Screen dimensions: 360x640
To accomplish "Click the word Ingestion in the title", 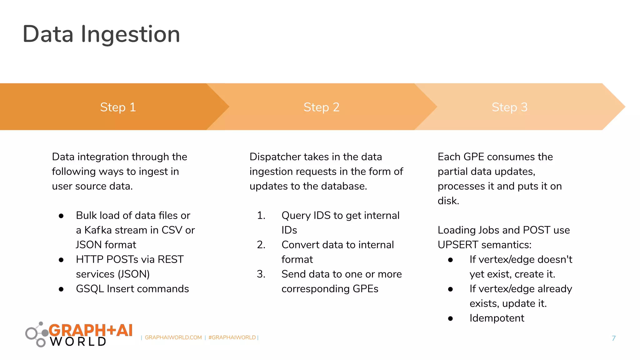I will tap(130, 34).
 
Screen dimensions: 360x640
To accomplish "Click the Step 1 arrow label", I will tap(118, 107).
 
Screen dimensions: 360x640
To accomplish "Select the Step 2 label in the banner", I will tap(321, 107).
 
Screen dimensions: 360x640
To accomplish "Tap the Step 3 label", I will tap(509, 107).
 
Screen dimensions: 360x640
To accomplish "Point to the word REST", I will tap(170, 259).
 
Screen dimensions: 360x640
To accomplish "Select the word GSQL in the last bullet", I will tap(90, 289).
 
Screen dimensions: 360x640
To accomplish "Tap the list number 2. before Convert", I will tap(261, 245).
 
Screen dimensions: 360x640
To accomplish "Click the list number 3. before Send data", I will tap(261, 274).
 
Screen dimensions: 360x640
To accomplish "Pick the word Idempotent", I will tap(497, 318).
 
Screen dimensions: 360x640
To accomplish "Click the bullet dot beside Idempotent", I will tap(450, 319).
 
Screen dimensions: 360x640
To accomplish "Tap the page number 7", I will tap(613, 338).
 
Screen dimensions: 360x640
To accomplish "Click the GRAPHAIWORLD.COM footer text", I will tap(173, 337).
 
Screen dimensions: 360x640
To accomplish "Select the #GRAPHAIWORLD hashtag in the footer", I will tap(232, 337).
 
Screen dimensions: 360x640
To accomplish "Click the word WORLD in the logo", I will tap(78, 342).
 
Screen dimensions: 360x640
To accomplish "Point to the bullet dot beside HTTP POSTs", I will tap(61, 260).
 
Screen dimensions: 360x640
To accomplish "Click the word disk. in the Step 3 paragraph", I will tap(448, 201).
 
